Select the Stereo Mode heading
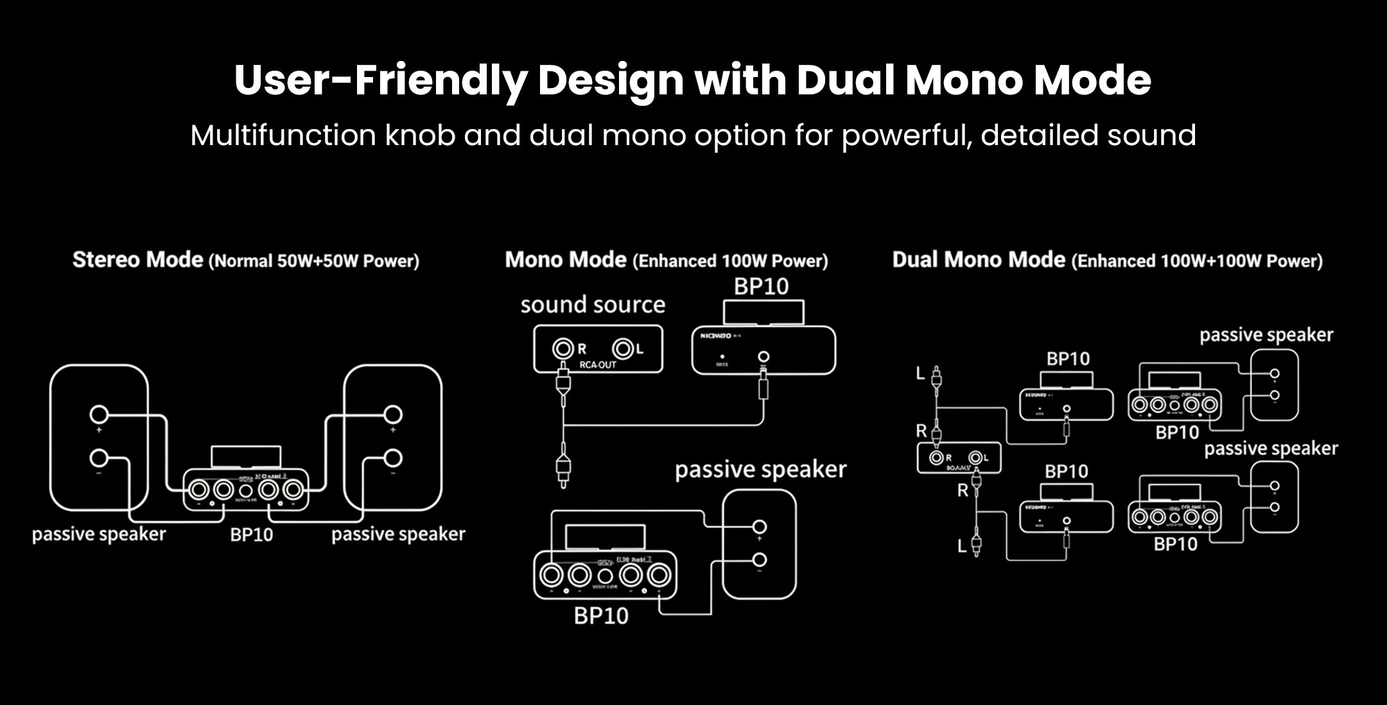coord(137,260)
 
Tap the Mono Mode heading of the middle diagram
coord(565,260)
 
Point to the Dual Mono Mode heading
coord(979,260)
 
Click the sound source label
coord(593,304)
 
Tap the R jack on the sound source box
coord(563,349)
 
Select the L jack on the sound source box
coord(623,349)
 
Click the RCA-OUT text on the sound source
coord(598,365)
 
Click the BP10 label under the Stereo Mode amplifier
coord(251,535)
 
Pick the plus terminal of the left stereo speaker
coord(99,415)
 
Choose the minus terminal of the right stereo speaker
coord(393,458)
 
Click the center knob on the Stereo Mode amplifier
coord(245,491)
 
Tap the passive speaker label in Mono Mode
coord(760,469)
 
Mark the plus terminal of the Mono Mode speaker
coord(760,527)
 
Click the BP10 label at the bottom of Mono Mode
coord(601,616)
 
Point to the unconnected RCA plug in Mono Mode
coord(563,469)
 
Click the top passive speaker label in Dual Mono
coord(1266,335)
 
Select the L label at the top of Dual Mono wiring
coord(920,373)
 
